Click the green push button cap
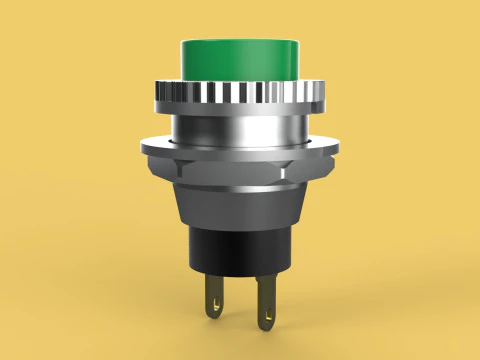239,60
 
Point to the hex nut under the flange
239,169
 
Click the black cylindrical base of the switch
239,250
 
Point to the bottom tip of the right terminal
266,329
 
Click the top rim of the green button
239,42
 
